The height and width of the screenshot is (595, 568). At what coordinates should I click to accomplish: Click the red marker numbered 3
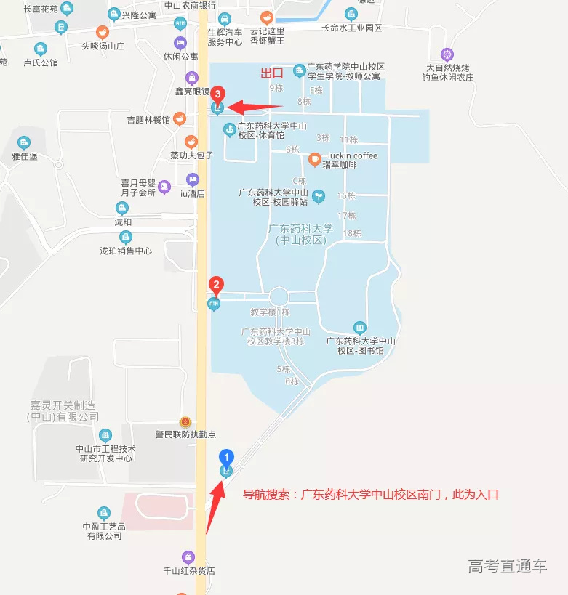[x=217, y=93]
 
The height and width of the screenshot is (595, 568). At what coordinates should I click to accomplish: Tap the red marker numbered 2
[x=215, y=284]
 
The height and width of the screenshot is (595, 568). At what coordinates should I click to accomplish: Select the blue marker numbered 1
[x=227, y=457]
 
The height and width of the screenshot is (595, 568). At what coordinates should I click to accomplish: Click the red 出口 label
[x=272, y=73]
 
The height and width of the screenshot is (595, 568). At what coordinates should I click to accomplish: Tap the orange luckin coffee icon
[x=314, y=159]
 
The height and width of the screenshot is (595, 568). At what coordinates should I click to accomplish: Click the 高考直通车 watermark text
[x=508, y=567]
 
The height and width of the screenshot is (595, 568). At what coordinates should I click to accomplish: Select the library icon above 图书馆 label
[x=359, y=328]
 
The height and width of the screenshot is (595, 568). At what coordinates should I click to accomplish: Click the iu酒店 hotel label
[x=193, y=193]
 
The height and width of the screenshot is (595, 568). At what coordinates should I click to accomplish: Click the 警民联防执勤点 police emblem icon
[x=185, y=422]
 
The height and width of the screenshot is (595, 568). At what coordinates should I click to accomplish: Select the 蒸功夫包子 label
[x=191, y=155]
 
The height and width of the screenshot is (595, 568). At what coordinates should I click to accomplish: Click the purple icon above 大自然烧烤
[x=447, y=54]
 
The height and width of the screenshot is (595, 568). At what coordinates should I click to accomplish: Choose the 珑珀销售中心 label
[x=126, y=251]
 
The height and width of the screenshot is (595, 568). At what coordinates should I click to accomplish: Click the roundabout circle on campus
[x=279, y=296]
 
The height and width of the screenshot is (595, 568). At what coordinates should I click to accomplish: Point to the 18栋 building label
[x=352, y=233]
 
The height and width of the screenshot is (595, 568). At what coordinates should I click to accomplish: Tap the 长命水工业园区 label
[x=352, y=28]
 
